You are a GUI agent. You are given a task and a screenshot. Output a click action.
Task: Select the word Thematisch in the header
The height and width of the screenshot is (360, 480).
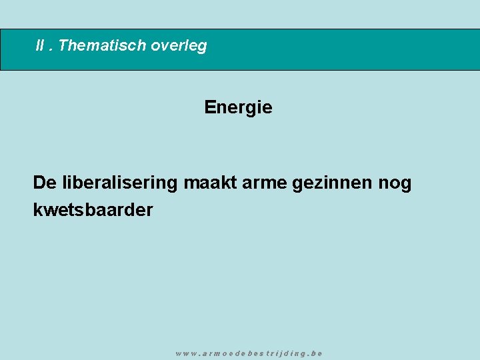[x=102, y=46]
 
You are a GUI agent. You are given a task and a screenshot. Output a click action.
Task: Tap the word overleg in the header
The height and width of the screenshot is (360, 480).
[x=179, y=46]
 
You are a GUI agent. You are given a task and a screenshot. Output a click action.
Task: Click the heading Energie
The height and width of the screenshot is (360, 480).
[x=238, y=107]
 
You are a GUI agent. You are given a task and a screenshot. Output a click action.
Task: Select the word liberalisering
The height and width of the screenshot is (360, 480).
[x=119, y=183]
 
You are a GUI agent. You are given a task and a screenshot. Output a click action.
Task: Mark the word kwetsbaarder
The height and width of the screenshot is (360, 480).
[x=93, y=210]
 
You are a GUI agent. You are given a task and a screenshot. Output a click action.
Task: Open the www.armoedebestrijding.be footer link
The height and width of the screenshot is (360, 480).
[x=249, y=353]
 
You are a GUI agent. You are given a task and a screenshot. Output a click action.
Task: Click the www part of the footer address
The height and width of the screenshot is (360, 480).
[x=185, y=353]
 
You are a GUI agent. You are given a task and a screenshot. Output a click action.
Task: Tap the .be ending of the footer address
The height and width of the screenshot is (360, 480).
[x=315, y=353]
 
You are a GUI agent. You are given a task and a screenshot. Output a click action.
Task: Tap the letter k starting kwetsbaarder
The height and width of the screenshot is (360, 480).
[x=37, y=210]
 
